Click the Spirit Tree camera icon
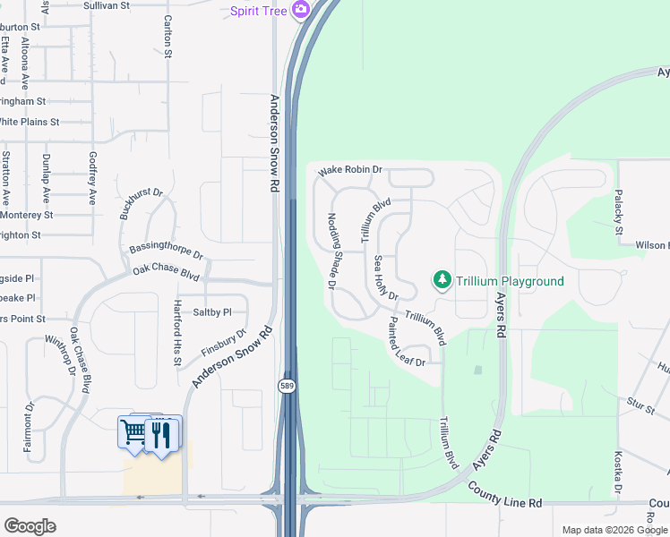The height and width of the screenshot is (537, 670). coord(300,10)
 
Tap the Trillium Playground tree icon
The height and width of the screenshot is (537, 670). coord(442,281)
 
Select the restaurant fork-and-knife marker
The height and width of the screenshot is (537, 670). coord(162,435)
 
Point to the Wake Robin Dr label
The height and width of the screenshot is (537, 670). coord(351,169)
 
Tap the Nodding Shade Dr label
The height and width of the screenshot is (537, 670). coord(331,251)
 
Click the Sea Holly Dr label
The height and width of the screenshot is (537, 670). coord(385,277)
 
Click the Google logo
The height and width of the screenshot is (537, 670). coord(30,525)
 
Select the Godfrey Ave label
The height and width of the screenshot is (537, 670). coord(91,177)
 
